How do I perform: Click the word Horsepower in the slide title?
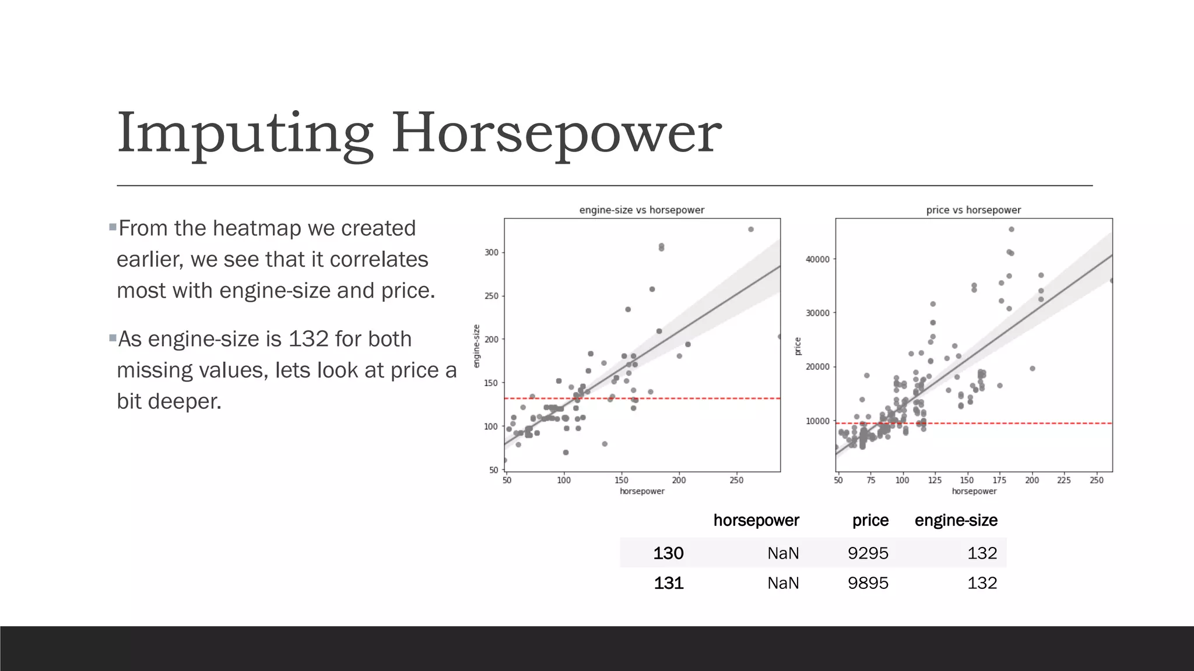(556, 134)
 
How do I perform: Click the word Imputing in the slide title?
(245, 134)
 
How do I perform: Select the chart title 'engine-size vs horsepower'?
(641, 210)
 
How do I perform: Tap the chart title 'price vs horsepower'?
(973, 210)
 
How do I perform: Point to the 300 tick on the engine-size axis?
(491, 253)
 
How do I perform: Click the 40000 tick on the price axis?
(817, 260)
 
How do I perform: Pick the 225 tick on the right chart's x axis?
(1064, 481)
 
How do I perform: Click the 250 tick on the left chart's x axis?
(736, 481)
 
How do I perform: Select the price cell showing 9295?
(868, 553)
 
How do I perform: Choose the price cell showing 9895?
(868, 583)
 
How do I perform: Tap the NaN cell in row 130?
(782, 553)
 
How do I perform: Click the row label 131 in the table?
(668, 583)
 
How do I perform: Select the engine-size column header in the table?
(956, 520)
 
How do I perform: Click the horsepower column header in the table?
(756, 520)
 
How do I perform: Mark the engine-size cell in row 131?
(982, 583)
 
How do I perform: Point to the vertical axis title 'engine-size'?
(476, 346)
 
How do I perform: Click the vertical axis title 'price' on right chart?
(798, 346)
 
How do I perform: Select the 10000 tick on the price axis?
(817, 421)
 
